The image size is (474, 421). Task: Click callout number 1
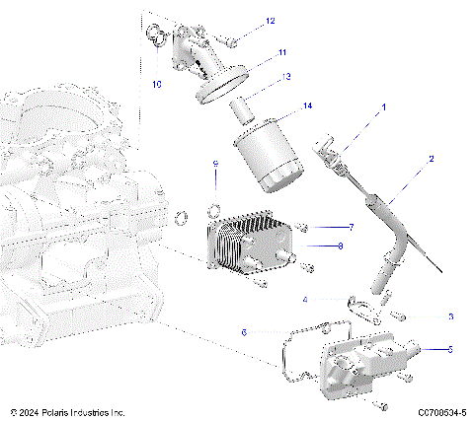coord(384,105)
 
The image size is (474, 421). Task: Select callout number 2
coord(431,158)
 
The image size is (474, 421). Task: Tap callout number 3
coord(450,316)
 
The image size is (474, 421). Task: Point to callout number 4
coord(305,299)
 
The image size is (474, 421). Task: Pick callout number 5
coord(450,348)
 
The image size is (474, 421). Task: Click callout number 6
coord(244,332)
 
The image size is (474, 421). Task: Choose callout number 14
coord(307,105)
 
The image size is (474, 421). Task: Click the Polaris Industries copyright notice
coord(67,411)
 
